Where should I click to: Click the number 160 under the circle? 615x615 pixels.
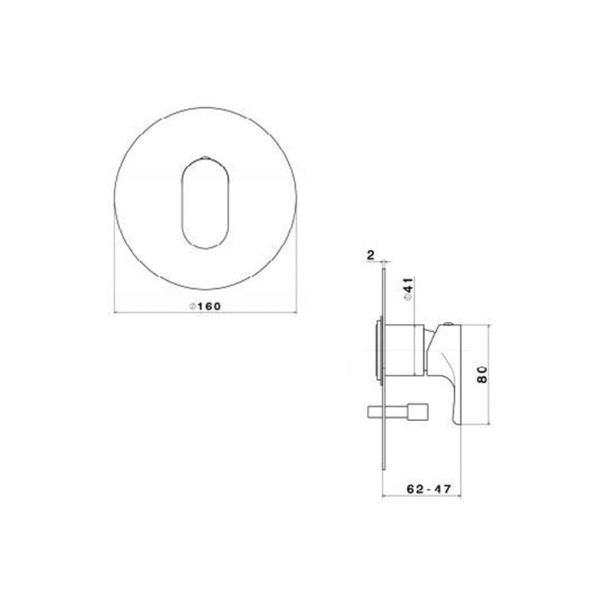[x=209, y=306]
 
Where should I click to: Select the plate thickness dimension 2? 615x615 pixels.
[x=371, y=255]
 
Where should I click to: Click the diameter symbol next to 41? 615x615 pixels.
[x=407, y=296]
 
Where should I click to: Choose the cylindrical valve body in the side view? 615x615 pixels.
[x=403, y=350]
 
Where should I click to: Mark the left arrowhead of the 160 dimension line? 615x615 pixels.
[x=116, y=312]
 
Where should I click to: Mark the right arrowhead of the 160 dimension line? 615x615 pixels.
[x=295, y=312]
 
